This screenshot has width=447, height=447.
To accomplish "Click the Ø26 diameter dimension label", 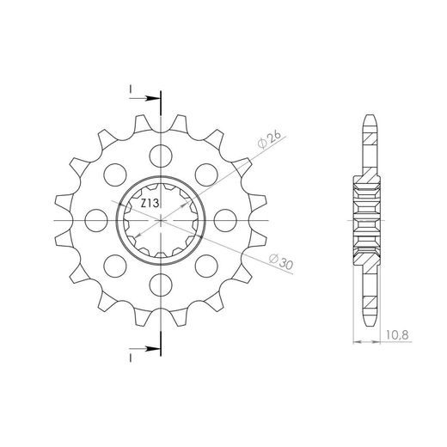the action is point(269,139).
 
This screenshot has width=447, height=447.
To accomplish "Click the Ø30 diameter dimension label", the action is point(281,261).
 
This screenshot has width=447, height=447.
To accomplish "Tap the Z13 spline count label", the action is point(150,204).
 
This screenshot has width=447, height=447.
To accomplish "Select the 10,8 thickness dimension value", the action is point(397,334).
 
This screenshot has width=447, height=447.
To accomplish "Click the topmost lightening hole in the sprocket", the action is point(161,156).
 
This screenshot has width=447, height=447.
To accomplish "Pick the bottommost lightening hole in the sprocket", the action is point(161,285).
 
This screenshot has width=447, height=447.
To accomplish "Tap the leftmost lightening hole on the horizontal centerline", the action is point(96,220).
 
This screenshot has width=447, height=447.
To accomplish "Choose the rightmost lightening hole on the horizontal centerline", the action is point(225,220).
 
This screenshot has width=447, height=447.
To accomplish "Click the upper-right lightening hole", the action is point(206,175).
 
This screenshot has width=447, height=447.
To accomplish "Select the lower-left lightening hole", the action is point(115,266).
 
